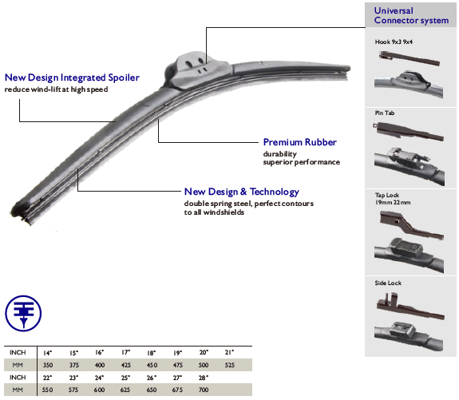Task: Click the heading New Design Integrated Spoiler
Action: (72, 77)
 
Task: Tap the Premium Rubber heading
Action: (300, 142)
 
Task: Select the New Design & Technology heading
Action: (242, 192)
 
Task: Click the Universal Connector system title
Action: (411, 15)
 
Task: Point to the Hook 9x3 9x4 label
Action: (394, 42)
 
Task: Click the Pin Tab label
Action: (384, 113)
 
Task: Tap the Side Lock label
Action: (388, 283)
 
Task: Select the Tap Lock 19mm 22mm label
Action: (393, 199)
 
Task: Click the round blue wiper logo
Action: (23, 313)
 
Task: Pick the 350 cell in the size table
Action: (48, 365)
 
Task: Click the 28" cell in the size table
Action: (203, 378)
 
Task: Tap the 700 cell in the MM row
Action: (204, 390)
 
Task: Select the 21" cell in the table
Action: (229, 352)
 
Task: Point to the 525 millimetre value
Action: (230, 365)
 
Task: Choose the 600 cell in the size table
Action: (99, 390)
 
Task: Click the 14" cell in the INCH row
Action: (47, 353)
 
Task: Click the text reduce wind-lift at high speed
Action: (56, 89)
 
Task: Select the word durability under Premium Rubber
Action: (280, 154)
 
